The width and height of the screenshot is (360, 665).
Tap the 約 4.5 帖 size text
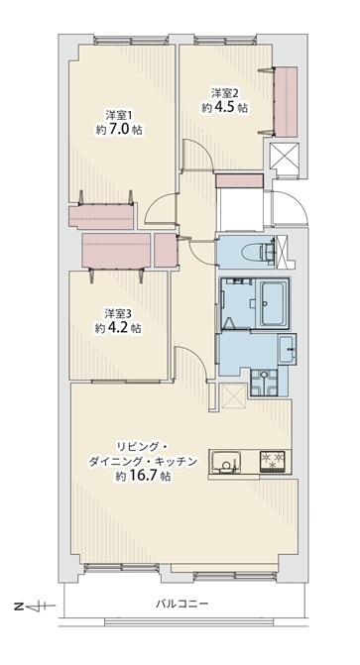[x=224, y=108]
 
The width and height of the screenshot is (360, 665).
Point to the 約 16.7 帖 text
[x=144, y=477]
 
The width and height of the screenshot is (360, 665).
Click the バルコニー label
[x=181, y=604]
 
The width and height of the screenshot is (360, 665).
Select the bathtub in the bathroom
[x=273, y=303]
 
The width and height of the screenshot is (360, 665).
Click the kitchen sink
[x=226, y=462]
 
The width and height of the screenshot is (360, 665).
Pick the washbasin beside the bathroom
[x=287, y=349]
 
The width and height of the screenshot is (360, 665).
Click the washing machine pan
[x=264, y=381]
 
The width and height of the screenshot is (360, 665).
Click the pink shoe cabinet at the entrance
[x=240, y=180]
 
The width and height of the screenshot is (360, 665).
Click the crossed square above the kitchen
[x=233, y=396]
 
